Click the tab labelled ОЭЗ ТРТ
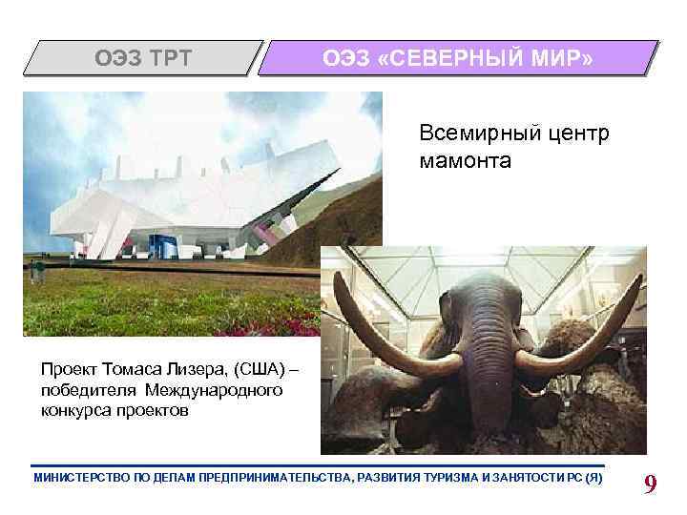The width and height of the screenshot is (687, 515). (x=142, y=59)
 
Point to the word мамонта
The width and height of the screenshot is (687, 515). (x=465, y=161)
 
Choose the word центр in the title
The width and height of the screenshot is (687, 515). (x=573, y=134)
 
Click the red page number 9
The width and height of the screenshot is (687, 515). (x=651, y=485)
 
